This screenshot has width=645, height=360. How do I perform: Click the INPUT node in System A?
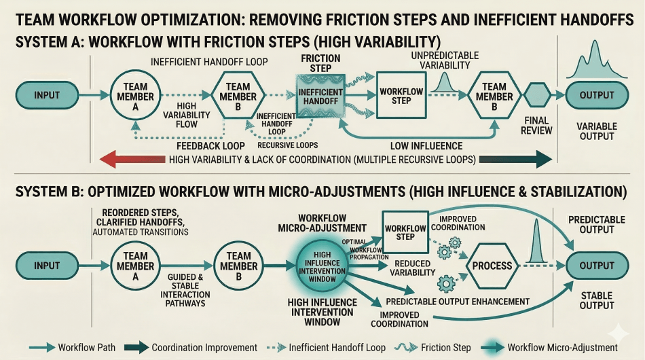click(x=48, y=96)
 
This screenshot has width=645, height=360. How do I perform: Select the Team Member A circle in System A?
click(x=136, y=96)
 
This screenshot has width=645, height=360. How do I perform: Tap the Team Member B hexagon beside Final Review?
click(x=494, y=96)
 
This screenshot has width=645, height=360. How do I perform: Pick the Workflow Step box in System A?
click(x=401, y=96)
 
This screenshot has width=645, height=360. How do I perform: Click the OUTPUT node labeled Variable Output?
click(x=596, y=96)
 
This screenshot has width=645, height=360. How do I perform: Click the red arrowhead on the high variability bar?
click(x=109, y=160)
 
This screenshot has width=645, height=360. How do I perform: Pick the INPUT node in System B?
click(x=48, y=265)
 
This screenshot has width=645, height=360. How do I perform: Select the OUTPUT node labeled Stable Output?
click(x=596, y=265)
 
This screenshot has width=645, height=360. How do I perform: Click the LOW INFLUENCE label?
click(x=426, y=145)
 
